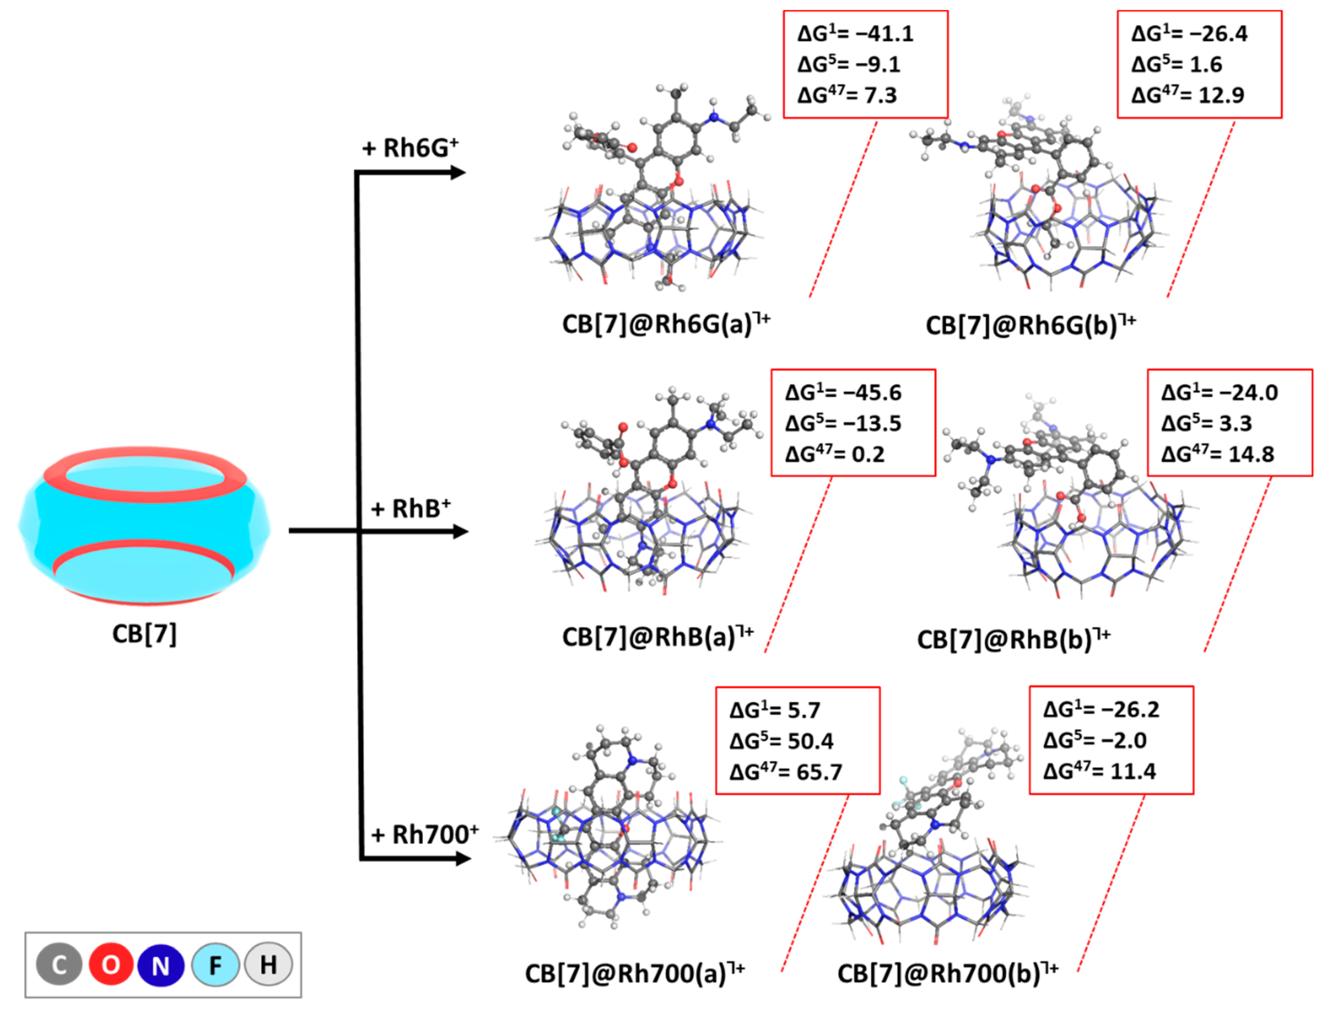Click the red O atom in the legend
110,964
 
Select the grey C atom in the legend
59,964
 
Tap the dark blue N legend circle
161,964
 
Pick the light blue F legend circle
215,964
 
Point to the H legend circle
268,964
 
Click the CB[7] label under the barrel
144,634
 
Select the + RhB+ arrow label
411,509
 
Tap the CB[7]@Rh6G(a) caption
666,325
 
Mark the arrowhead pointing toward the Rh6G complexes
458,173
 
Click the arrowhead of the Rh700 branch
463,858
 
